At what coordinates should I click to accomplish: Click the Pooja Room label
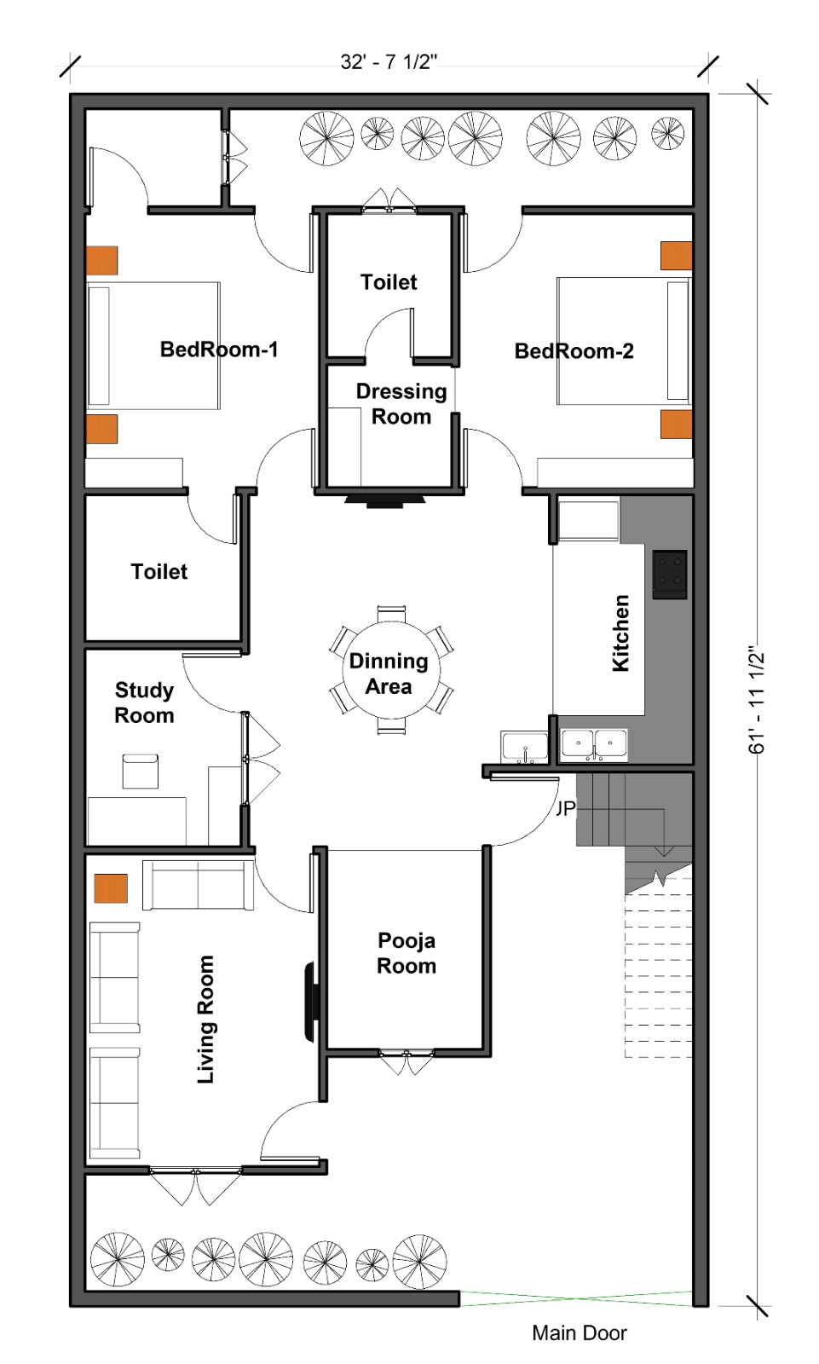(407, 953)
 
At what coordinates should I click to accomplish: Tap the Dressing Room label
(401, 404)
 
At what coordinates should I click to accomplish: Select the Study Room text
(144, 702)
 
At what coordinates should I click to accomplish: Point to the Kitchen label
(620, 633)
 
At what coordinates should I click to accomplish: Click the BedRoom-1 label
(219, 350)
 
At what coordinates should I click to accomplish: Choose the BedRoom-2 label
(574, 350)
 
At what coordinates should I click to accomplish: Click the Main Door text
(579, 1333)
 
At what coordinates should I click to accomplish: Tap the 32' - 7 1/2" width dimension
(389, 62)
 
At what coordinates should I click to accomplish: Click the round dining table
(391, 670)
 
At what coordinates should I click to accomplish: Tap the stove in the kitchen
(669, 575)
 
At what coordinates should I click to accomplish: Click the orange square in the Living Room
(111, 887)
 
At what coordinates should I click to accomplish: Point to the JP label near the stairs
(565, 808)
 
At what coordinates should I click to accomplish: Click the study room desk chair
(141, 771)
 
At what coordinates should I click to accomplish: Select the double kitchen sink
(594, 745)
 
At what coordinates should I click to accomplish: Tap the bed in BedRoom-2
(624, 341)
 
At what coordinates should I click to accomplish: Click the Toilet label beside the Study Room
(159, 572)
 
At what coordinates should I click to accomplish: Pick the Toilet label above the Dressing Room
(389, 282)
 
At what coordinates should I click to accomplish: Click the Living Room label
(206, 1020)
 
